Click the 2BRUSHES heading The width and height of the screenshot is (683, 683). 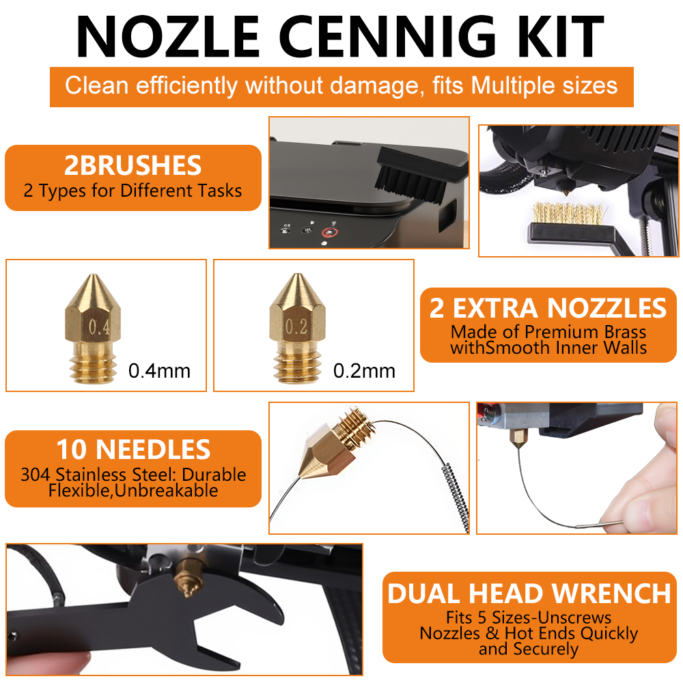[x=133, y=165]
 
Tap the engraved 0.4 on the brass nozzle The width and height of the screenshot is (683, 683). [x=99, y=327]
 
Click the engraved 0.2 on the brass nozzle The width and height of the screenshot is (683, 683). [x=296, y=326]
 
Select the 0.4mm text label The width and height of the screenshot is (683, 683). [x=159, y=371]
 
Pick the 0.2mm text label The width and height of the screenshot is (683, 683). [x=364, y=371]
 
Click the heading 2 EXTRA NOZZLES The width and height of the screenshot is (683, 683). [x=548, y=309]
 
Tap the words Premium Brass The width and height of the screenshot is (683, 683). [x=585, y=333]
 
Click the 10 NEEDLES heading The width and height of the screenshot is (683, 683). [x=133, y=449]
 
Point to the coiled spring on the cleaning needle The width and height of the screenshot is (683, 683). [x=456, y=496]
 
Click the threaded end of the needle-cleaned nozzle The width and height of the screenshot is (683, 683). [x=356, y=426]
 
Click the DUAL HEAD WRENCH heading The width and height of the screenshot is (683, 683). [x=529, y=594]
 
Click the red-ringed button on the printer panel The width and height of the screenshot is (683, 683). [x=330, y=232]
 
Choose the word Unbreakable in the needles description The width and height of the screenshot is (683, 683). [x=167, y=491]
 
